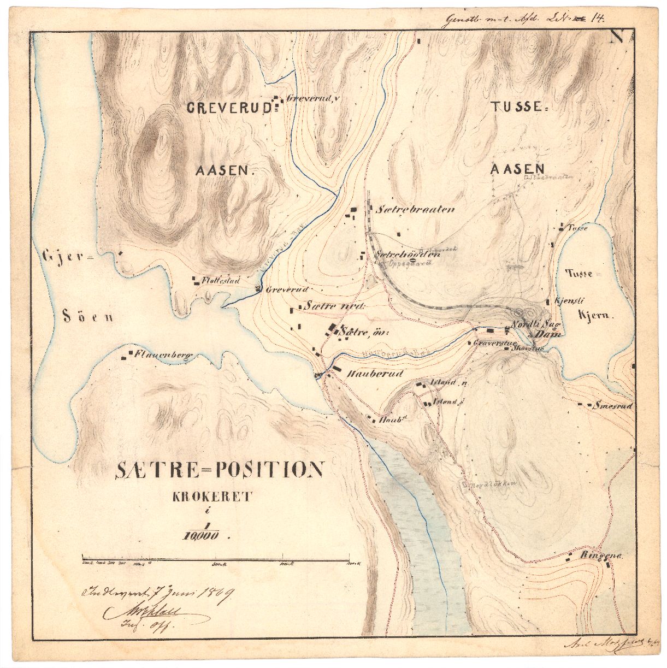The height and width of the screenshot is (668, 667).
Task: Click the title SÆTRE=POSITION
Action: tap(220, 470)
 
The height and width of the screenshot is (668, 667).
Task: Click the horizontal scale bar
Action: tap(215, 560)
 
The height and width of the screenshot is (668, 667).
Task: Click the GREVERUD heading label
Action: tap(229, 108)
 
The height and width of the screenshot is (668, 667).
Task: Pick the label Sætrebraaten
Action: tap(416, 209)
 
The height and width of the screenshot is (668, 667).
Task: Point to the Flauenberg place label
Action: tap(165, 355)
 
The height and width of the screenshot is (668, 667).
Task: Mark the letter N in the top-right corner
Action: tap(617, 37)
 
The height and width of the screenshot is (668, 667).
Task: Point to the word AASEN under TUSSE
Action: tap(517, 169)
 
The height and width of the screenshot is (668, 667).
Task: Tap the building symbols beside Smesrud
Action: tap(586, 405)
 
